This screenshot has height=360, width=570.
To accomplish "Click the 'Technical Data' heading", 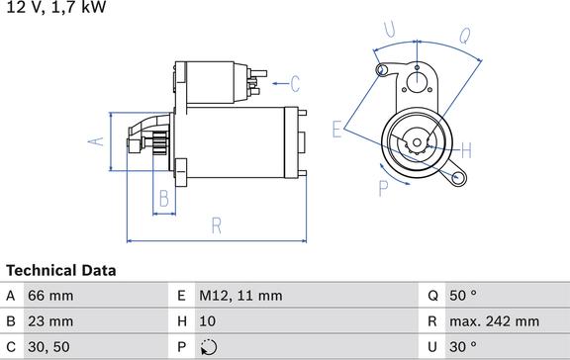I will [60, 270].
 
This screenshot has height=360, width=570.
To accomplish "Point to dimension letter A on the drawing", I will [96, 141].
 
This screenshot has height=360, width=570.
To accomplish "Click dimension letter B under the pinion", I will [165, 199].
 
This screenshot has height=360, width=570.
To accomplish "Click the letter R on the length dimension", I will [217, 225].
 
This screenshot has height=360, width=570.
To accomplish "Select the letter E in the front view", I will [337, 128].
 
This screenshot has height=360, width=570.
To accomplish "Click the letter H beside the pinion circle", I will [466, 150].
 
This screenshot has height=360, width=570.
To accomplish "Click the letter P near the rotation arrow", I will [383, 187].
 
